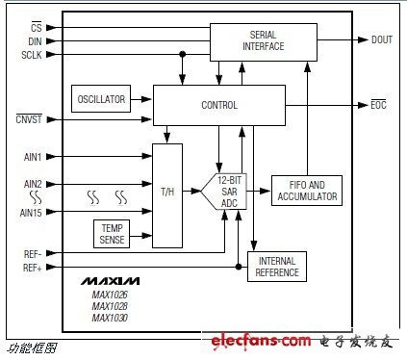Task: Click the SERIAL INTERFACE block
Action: point(264,42)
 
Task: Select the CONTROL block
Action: point(219,105)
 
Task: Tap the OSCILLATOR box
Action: point(101,99)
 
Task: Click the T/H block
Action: point(167,195)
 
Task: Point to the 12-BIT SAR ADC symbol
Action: point(224,192)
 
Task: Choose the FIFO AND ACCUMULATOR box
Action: point(307,191)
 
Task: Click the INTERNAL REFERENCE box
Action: point(277,267)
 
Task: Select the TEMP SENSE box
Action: point(112,234)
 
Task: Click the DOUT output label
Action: point(382,39)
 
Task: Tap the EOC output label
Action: point(378,105)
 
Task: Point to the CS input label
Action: point(37,28)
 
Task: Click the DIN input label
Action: point(35,41)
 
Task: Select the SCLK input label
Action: point(32,55)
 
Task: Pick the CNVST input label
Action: point(29,119)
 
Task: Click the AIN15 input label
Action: point(31,213)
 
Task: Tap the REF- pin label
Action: point(33,254)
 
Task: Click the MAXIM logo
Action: point(110,281)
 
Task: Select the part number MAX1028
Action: point(110,306)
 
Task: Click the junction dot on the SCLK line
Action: point(183,54)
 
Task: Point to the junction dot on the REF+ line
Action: point(239,267)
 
